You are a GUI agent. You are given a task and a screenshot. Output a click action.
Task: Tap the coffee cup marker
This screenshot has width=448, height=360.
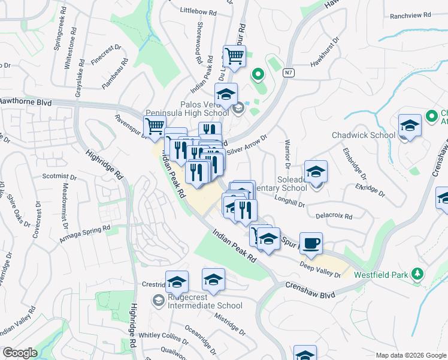[x=310, y=244]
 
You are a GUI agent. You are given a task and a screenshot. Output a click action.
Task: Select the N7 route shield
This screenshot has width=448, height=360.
[x=289, y=72]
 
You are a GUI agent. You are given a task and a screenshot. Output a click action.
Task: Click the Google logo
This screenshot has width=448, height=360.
[x=20, y=353]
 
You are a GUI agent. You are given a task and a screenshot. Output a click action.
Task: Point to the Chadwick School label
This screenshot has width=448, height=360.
[x=364, y=135]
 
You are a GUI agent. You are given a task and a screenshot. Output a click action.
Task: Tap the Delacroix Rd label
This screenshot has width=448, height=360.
[x=331, y=215]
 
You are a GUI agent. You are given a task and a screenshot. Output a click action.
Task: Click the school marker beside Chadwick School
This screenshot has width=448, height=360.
[x=410, y=126]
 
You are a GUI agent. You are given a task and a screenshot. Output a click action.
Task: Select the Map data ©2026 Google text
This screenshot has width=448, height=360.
[x=411, y=355]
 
